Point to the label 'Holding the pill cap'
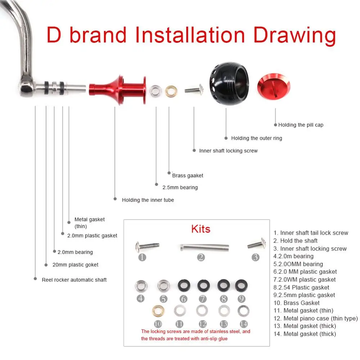point(301,125)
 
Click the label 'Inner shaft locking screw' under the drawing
point(228,151)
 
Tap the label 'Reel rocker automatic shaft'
point(74,280)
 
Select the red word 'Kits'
point(201,229)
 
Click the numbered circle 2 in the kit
point(201,257)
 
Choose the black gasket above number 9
point(241,285)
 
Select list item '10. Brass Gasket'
point(297,303)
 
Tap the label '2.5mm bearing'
point(180,187)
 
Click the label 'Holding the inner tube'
point(148,200)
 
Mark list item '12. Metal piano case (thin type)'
point(316,318)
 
